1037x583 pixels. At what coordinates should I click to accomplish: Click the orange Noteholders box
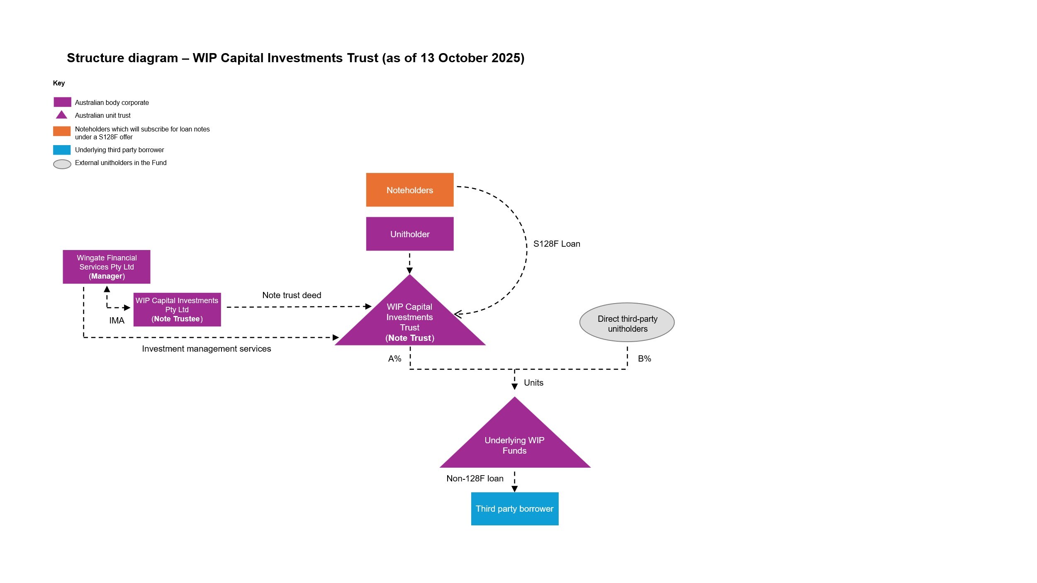pyautogui.click(x=409, y=190)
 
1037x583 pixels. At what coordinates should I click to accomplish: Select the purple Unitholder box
pyautogui.click(x=409, y=234)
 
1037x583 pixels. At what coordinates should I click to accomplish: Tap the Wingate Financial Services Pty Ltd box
pyautogui.click(x=107, y=267)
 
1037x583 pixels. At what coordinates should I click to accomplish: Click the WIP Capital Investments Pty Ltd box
pyautogui.click(x=177, y=310)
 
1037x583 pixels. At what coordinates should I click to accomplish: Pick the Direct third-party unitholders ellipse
pyautogui.click(x=627, y=323)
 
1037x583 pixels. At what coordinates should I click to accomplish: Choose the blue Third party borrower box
pyautogui.click(x=514, y=508)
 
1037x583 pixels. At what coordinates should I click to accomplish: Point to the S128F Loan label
pyautogui.click(x=557, y=244)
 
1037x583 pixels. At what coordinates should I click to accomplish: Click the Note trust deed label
pyautogui.click(x=292, y=295)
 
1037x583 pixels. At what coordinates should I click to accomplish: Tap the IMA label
pyautogui.click(x=117, y=321)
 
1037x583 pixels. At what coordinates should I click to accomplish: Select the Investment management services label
pyautogui.click(x=206, y=349)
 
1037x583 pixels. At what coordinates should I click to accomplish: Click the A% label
pyautogui.click(x=394, y=359)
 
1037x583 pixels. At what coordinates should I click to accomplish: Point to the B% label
pyautogui.click(x=644, y=359)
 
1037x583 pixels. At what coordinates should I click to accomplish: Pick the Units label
pyautogui.click(x=533, y=383)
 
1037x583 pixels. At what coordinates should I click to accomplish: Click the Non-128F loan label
pyautogui.click(x=475, y=479)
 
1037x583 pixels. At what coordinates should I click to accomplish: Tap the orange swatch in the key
pyautogui.click(x=62, y=131)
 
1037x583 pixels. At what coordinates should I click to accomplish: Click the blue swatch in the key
pyautogui.click(x=62, y=150)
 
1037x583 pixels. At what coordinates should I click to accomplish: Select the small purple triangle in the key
pyautogui.click(x=61, y=115)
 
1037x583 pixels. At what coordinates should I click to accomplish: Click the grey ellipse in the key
pyautogui.click(x=62, y=164)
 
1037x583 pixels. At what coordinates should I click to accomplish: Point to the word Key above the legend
pyautogui.click(x=59, y=83)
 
